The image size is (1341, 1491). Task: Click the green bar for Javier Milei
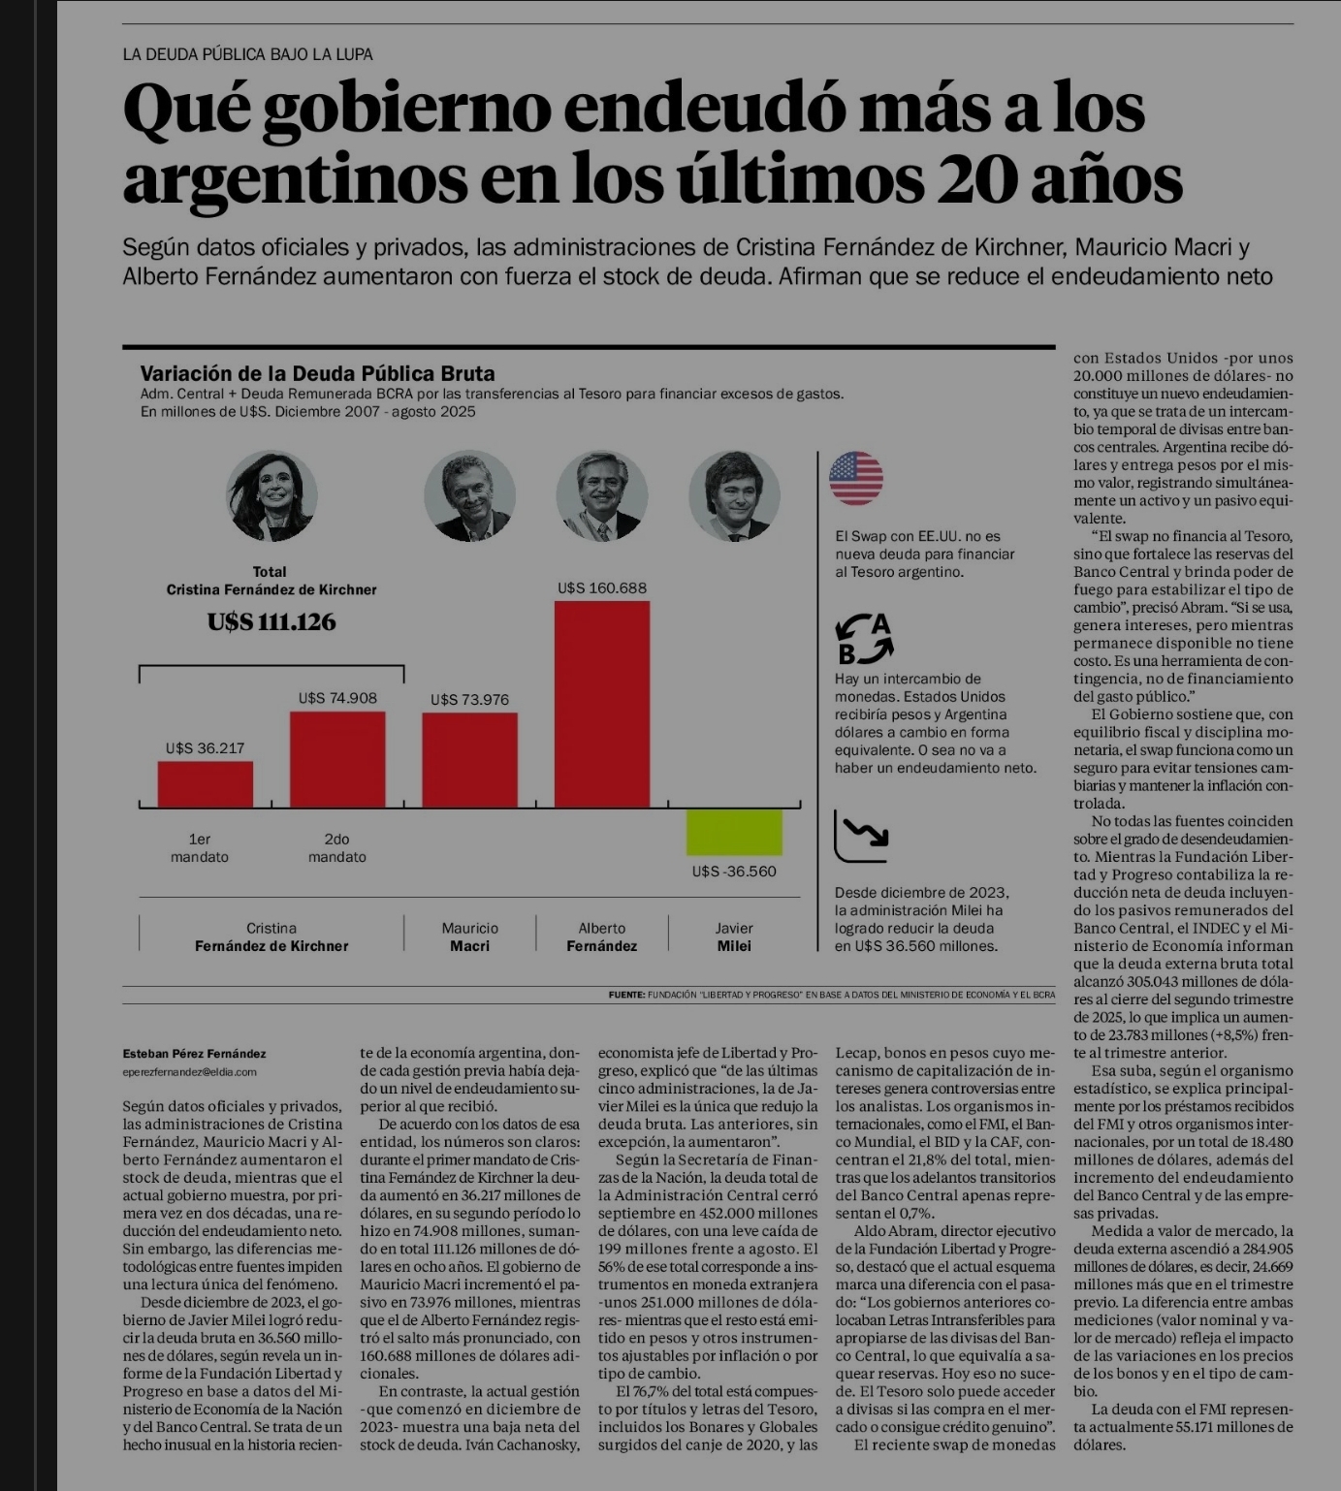pos(734,832)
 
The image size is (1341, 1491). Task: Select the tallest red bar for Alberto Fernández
pos(602,704)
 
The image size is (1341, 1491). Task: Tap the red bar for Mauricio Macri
pos(469,759)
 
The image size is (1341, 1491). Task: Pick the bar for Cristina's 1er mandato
pos(206,783)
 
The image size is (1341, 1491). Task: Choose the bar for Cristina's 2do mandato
pos(337,759)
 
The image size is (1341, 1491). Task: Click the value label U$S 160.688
pos(602,588)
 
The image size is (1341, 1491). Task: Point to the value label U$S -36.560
pos(734,872)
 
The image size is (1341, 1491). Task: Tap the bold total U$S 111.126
pos(271,622)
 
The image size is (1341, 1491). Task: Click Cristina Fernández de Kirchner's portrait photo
pos(271,496)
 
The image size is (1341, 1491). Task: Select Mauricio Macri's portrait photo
pos(469,496)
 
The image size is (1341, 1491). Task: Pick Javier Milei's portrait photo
pos(734,496)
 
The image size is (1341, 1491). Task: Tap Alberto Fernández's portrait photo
pos(602,496)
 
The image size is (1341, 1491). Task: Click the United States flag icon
pos(856,478)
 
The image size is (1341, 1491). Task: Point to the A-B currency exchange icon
pos(863,639)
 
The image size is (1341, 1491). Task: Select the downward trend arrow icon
pos(861,836)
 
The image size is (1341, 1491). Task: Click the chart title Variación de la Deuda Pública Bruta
pos(317,374)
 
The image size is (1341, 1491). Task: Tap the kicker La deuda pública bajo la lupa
pos(247,54)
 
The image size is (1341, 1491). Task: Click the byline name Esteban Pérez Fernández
pos(194,1054)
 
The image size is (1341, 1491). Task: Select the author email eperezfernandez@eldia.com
pos(189,1072)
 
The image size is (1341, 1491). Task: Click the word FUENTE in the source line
pos(626,995)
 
